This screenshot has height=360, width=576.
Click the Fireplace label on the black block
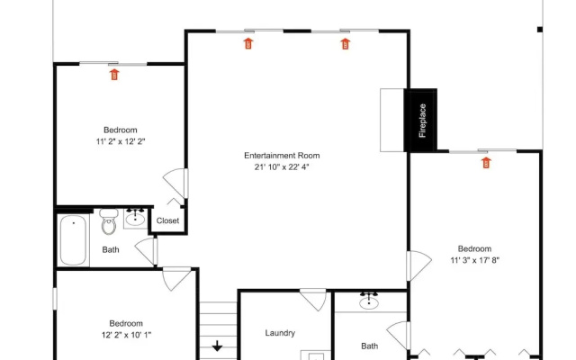pyautogui.click(x=422, y=121)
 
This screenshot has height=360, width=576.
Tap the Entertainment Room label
pyautogui.click(x=282, y=156)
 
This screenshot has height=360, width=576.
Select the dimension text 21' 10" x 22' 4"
pyautogui.click(x=282, y=167)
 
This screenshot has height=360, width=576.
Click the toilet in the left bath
pyautogui.click(x=109, y=221)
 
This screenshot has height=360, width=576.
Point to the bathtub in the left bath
pyautogui.click(x=74, y=240)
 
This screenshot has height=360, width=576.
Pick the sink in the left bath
pyautogui.click(x=135, y=218)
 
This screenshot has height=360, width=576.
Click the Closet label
pyautogui.click(x=167, y=220)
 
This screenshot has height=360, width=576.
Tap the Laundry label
pyautogui.click(x=280, y=333)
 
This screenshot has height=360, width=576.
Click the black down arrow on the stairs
pyautogui.click(x=217, y=346)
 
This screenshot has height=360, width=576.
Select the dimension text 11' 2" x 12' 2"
pyautogui.click(x=121, y=141)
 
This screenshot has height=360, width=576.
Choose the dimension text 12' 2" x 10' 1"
pyautogui.click(x=126, y=335)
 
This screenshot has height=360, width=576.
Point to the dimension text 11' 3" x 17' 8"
pyautogui.click(x=474, y=260)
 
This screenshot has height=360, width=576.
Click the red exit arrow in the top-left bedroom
pyautogui.click(x=114, y=75)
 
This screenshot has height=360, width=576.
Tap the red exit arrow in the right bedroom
pyautogui.click(x=486, y=162)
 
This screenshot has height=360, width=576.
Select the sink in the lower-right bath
pyautogui.click(x=369, y=301)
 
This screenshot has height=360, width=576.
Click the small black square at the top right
pyautogui.click(x=540, y=30)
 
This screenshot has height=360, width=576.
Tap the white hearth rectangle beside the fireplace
pyautogui.click(x=392, y=120)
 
